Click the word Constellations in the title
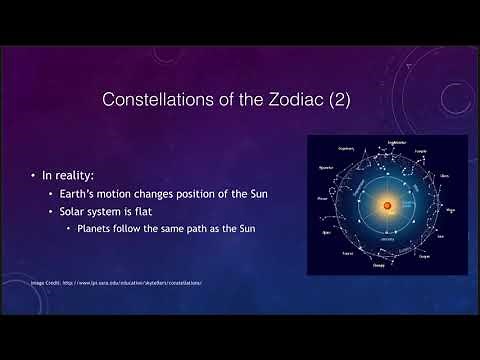coord(159,100)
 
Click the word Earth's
coord(84,194)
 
